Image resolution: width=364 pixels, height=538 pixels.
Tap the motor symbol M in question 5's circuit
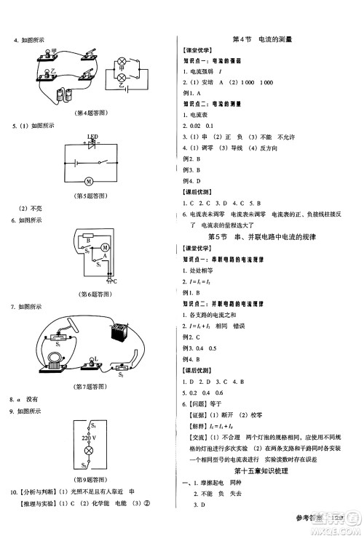pos(89,180)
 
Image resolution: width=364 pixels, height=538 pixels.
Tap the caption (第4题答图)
pos(91,113)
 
